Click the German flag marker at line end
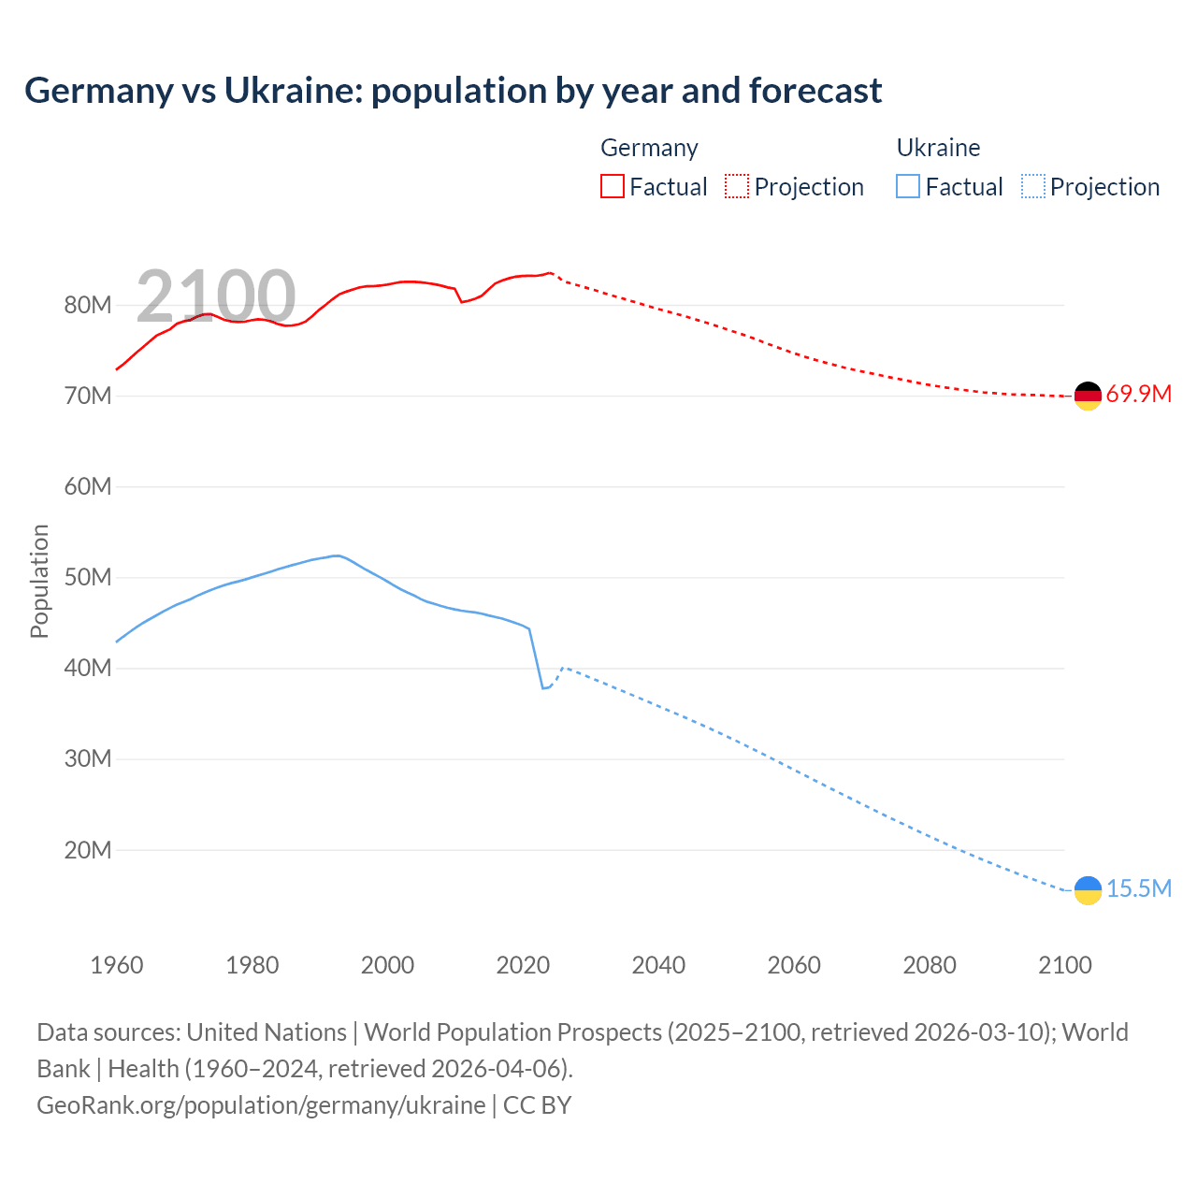pyautogui.click(x=1088, y=396)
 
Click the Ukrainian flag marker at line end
pyautogui.click(x=1088, y=890)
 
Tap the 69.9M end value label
pyautogui.click(x=1138, y=394)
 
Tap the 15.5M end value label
pyautogui.click(x=1138, y=888)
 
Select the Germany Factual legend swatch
pyautogui.click(x=612, y=186)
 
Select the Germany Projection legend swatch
pyautogui.click(x=736, y=186)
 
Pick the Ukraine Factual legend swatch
pyautogui.click(x=907, y=186)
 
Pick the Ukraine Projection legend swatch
pyautogui.click(x=1032, y=186)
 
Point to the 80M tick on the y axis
pyautogui.click(x=88, y=305)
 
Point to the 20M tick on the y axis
pyautogui.click(x=88, y=850)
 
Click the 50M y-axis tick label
pyautogui.click(x=88, y=577)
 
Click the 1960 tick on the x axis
pyautogui.click(x=117, y=965)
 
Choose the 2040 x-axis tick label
pyautogui.click(x=658, y=965)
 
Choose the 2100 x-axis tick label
pyautogui.click(x=1064, y=965)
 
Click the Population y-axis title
pyautogui.click(x=39, y=581)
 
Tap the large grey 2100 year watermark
pyautogui.click(x=216, y=296)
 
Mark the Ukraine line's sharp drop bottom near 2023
pyautogui.click(x=542, y=688)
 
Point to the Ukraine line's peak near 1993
pyautogui.click(x=336, y=555)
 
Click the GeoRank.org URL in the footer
pyautogui.click(x=261, y=1104)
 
